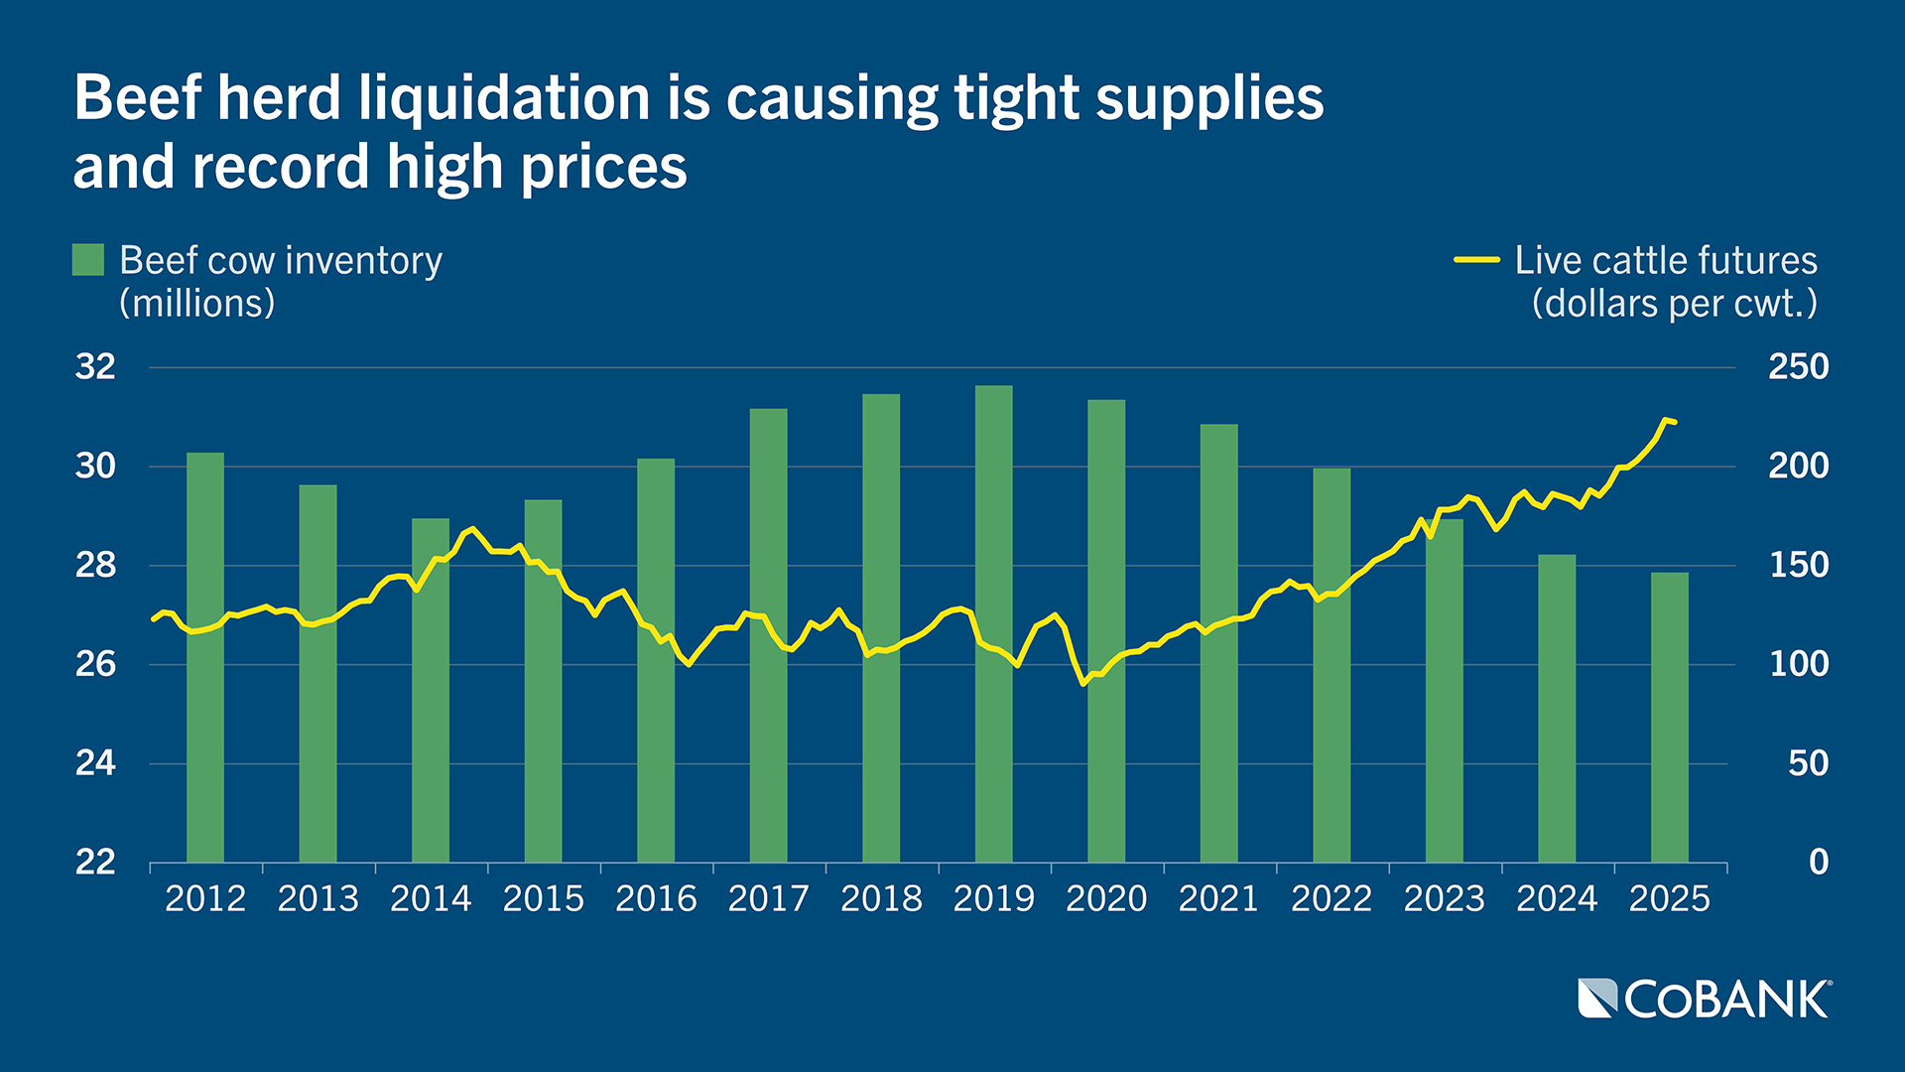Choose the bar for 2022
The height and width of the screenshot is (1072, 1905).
coord(1332,665)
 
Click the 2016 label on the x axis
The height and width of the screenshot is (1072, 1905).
coord(656,899)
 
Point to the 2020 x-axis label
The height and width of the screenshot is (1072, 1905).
coord(1106,899)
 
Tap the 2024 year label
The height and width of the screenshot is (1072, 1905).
coord(1557,899)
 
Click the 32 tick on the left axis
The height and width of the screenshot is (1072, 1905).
coord(95,367)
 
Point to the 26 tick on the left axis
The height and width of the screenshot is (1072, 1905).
coord(95,664)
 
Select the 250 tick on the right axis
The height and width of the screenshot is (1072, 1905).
coord(1798,367)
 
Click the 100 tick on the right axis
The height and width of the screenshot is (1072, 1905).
coord(1798,664)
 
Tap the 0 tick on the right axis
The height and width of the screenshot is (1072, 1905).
coord(1818,862)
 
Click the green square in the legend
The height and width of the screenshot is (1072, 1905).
coord(88,260)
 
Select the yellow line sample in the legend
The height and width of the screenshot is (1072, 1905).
coord(1476,260)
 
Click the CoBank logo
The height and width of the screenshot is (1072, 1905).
coord(1705,999)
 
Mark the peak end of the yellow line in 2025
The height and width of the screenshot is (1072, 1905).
coord(1667,420)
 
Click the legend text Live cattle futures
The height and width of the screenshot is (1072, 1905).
coord(1665,260)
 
